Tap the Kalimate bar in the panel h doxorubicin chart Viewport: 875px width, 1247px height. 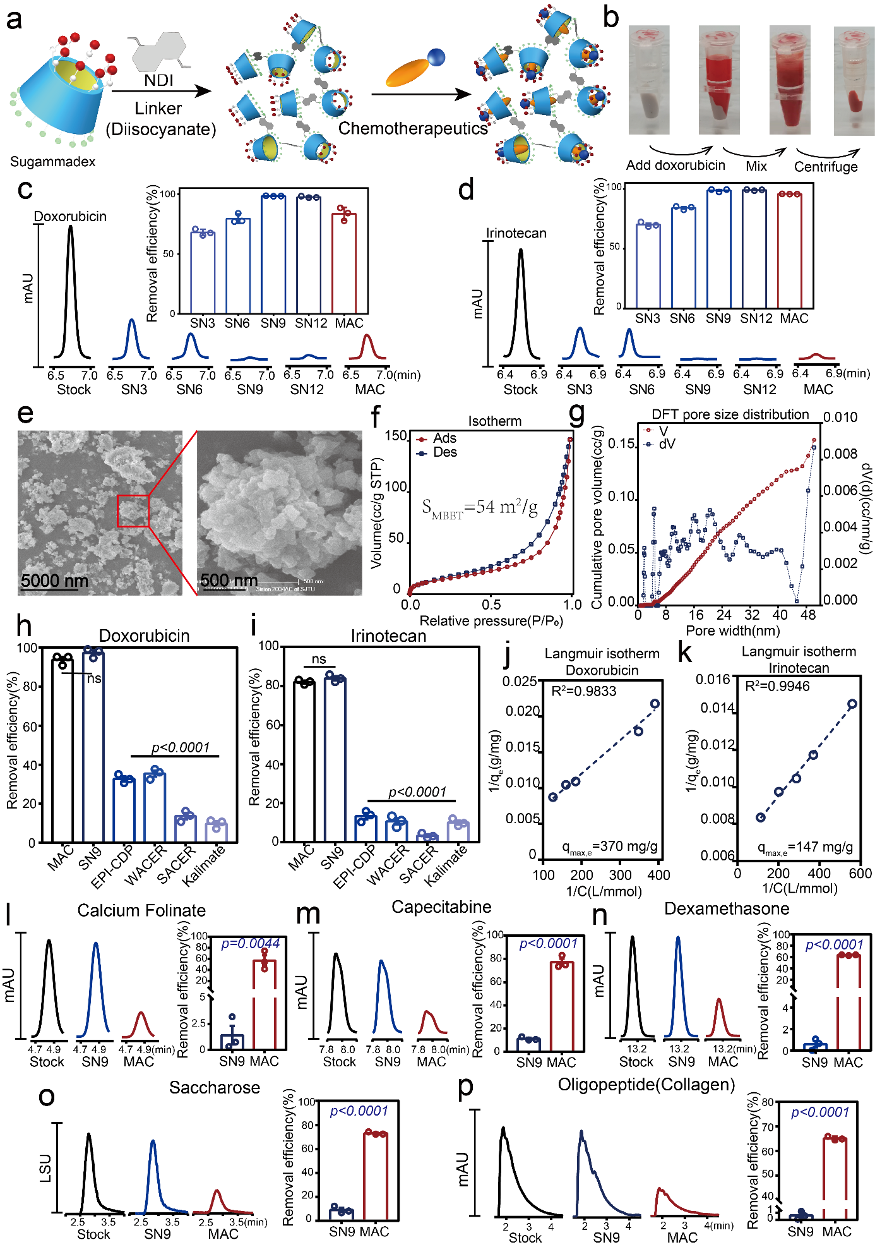(x=216, y=832)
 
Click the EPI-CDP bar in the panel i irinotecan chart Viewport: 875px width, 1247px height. (x=366, y=828)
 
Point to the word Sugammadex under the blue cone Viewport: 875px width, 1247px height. (x=53, y=162)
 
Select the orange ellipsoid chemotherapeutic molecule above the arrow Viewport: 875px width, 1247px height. (x=408, y=71)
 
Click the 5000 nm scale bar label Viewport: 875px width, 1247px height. (x=54, y=580)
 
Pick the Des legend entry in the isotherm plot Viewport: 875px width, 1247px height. (x=444, y=452)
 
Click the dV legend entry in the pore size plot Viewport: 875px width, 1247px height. (x=666, y=444)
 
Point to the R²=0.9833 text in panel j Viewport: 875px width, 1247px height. (x=583, y=691)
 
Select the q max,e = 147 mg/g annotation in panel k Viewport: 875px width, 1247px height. (x=805, y=848)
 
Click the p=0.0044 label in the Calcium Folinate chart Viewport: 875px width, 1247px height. (x=250, y=944)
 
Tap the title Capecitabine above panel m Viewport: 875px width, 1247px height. (x=441, y=907)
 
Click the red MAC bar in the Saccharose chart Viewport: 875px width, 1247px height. (x=376, y=1176)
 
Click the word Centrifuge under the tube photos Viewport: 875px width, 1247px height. (x=826, y=167)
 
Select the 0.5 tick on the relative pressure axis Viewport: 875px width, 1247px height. (x=491, y=605)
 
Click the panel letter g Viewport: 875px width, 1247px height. (x=577, y=413)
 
